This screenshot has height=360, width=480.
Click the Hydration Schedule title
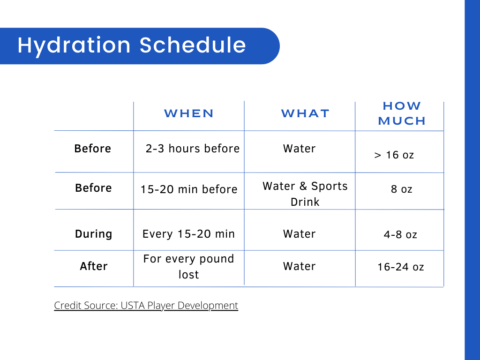tap(132, 46)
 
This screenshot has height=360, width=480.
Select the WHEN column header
tap(189, 113)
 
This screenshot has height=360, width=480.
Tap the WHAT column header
tap(305, 113)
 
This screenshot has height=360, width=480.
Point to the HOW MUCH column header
tap(401, 113)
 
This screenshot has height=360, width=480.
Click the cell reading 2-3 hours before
tap(192, 149)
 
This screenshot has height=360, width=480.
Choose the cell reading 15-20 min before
tap(190, 188)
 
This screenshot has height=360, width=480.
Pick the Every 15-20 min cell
tap(188, 234)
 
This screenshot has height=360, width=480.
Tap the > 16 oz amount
tap(395, 155)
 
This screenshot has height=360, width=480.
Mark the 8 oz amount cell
tap(400, 188)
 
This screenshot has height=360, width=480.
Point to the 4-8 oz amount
tap(400, 234)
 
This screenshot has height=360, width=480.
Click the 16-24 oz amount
tap(400, 267)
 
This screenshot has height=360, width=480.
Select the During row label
tap(93, 234)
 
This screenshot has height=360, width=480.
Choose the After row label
tap(93, 267)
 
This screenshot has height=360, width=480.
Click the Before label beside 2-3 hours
tap(93, 149)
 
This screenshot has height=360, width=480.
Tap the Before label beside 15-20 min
tap(93, 188)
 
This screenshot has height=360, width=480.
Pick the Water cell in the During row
tap(299, 234)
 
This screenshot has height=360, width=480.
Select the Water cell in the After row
tap(299, 267)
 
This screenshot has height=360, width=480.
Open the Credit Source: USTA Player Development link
tap(146, 305)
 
